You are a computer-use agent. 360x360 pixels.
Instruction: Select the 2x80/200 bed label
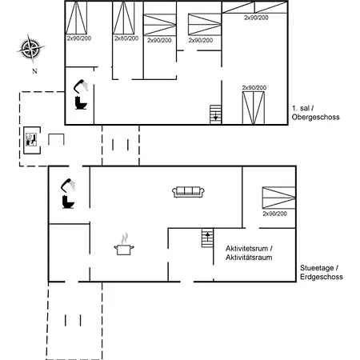[126, 38]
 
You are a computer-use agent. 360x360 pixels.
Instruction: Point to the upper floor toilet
[80, 103]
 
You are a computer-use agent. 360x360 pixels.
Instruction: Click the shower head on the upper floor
[80, 85]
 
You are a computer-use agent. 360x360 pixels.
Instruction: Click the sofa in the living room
[189, 191]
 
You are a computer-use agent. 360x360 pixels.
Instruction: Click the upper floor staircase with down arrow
[214, 114]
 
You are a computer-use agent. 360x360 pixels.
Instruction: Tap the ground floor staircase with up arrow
[207, 238]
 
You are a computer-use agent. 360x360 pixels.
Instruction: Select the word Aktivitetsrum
[249, 249]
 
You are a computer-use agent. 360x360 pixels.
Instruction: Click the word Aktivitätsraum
[250, 258]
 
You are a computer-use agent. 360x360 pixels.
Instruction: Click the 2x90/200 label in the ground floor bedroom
[276, 214]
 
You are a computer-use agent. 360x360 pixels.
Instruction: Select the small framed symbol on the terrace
[32, 138]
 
